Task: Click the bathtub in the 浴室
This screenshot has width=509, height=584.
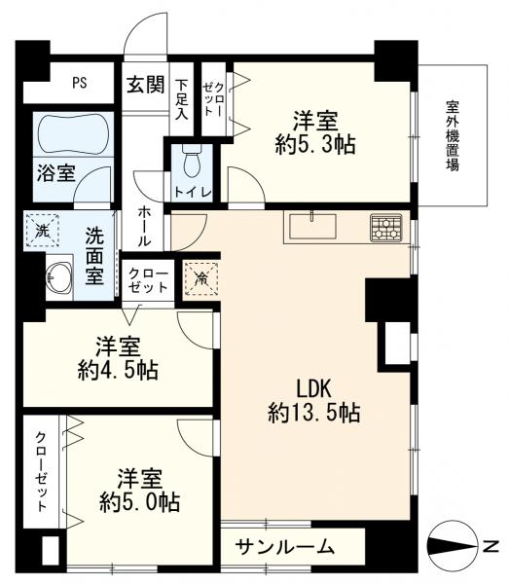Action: coord(74,133)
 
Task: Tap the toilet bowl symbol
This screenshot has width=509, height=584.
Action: coord(192,162)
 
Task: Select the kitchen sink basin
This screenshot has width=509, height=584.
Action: coord(312,226)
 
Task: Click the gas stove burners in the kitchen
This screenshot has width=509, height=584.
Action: coord(386,228)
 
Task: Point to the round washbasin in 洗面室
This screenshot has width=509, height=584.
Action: coord(58,277)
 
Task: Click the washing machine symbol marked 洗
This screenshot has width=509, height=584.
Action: coord(42,231)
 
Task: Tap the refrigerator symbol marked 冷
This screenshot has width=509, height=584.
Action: coord(201,278)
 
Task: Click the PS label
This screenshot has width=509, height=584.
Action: coord(80,83)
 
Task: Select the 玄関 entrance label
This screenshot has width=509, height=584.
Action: coord(146,85)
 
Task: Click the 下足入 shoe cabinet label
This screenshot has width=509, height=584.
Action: coord(182,99)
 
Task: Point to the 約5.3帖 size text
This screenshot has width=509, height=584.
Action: coord(315,144)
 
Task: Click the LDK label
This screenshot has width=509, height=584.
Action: coord(313,388)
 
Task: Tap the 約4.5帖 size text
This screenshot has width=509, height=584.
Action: coord(118,370)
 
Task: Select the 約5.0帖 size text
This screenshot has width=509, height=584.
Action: coord(139,502)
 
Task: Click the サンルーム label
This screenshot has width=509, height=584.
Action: coord(285,546)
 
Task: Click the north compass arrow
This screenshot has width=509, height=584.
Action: coord(452,547)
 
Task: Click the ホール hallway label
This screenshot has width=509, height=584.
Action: coord(144,227)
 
